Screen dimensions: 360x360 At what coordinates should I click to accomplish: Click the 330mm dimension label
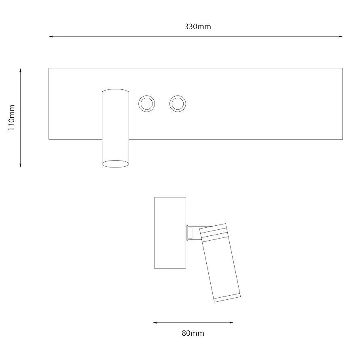(x=197, y=27)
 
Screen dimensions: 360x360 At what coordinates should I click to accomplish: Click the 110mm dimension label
(x=11, y=118)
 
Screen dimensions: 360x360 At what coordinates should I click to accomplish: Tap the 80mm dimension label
(x=193, y=333)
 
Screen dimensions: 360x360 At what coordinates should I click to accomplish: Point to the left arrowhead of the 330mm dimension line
(x=51, y=36)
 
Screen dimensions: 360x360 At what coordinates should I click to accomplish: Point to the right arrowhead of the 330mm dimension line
(x=341, y=36)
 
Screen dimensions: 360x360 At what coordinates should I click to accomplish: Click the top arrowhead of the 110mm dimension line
(x=21, y=70)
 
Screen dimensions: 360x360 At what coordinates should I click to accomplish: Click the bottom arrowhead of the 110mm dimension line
(x=21, y=165)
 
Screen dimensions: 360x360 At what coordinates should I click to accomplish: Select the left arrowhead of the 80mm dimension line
(x=155, y=322)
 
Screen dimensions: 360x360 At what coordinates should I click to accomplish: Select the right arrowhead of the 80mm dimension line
(x=231, y=322)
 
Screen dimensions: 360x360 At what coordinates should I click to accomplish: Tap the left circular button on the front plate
(x=147, y=104)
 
